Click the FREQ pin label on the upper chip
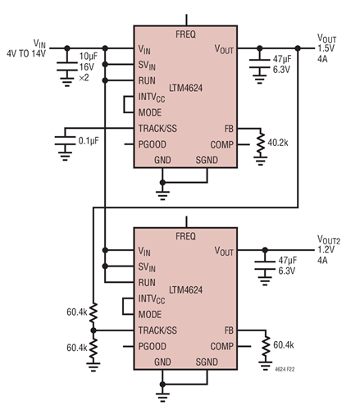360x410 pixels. (186, 34)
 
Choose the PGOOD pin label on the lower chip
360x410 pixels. (154, 346)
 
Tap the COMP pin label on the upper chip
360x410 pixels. (222, 144)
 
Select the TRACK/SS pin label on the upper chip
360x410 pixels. (159, 129)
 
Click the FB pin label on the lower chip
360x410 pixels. (229, 330)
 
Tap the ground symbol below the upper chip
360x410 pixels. (162, 193)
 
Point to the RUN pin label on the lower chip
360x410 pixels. (148, 282)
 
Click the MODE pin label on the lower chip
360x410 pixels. (151, 314)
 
